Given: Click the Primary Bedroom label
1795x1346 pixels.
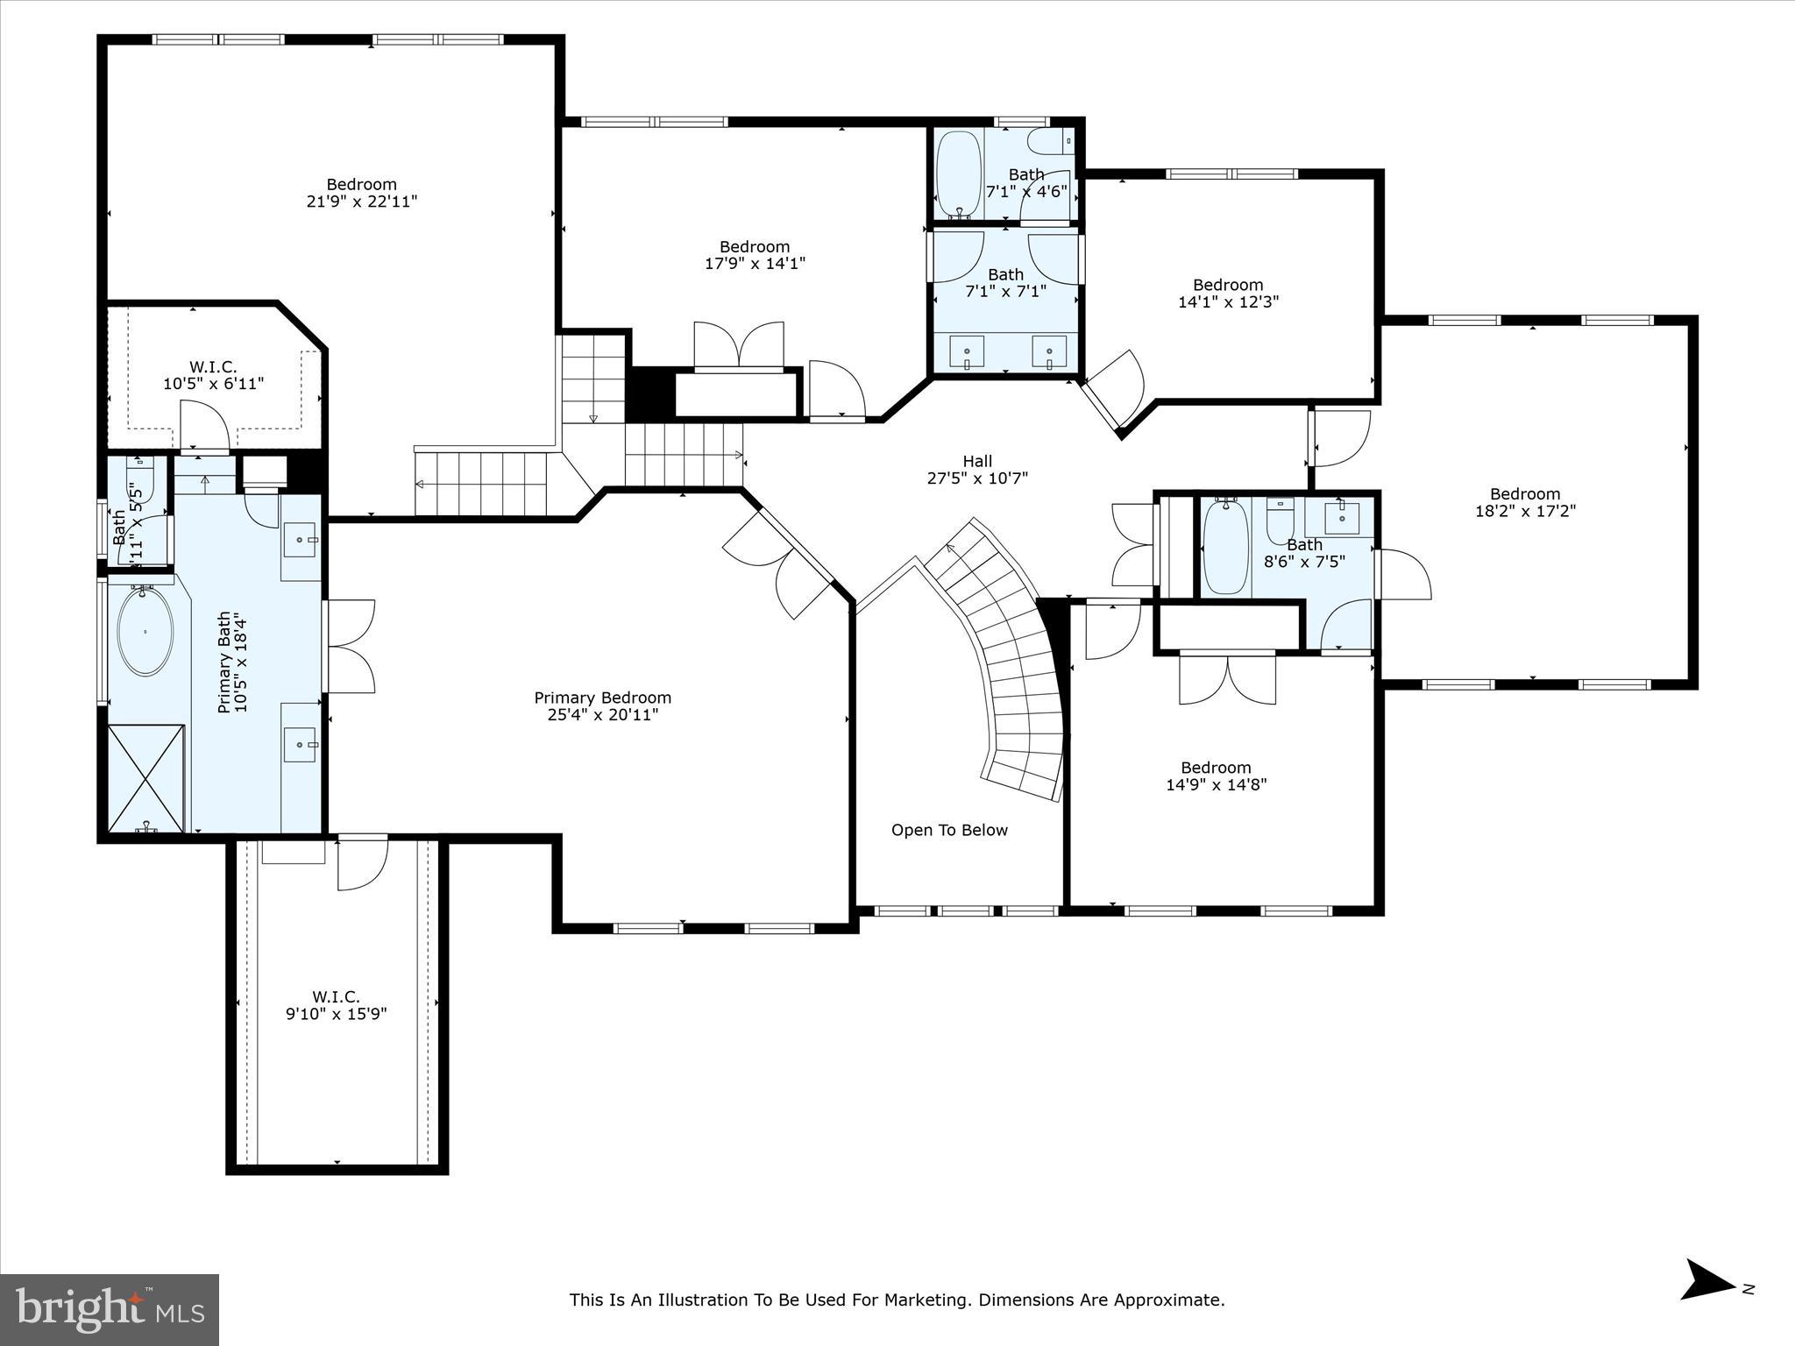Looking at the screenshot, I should coord(602,705).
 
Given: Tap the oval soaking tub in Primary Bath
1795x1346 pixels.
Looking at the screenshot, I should coord(145,631).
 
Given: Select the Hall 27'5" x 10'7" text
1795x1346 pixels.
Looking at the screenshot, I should coord(976,469).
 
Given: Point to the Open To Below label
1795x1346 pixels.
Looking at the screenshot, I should coord(949,830).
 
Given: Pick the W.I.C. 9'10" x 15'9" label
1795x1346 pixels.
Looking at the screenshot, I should coord(336,1005).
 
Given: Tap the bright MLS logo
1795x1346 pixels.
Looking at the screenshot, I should coord(110,1310).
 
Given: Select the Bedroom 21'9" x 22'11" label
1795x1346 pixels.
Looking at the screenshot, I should coord(361,192).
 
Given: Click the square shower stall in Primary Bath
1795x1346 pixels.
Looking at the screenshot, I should coord(146,778).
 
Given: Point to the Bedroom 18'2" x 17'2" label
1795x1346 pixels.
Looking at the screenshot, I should coord(1525,502).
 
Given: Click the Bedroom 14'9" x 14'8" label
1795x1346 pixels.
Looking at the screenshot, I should coord(1216,776).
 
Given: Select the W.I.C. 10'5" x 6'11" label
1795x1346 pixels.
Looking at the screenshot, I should coord(213,375).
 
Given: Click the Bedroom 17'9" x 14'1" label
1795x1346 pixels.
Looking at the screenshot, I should coord(755,254).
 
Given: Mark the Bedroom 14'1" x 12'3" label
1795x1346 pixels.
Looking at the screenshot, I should coord(1228,293).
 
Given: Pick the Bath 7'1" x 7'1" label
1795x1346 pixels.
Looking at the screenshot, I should coord(1005,282).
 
